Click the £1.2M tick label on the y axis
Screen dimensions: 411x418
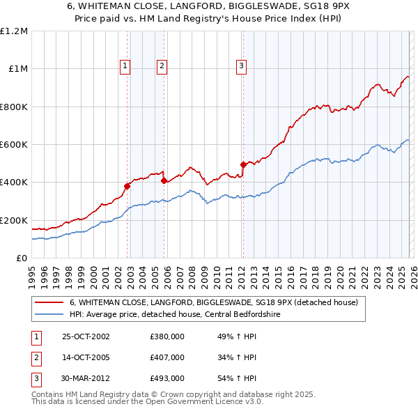(14, 31)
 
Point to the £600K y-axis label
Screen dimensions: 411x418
(14, 144)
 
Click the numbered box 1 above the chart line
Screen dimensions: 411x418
(125, 66)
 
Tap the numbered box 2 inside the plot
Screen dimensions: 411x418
(162, 66)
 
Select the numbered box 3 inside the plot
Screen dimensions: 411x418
(241, 66)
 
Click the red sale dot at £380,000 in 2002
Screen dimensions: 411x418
(127, 186)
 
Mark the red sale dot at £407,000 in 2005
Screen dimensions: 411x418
(164, 181)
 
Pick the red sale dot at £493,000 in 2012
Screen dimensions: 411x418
(243, 165)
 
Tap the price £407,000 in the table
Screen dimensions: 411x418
(167, 357)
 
